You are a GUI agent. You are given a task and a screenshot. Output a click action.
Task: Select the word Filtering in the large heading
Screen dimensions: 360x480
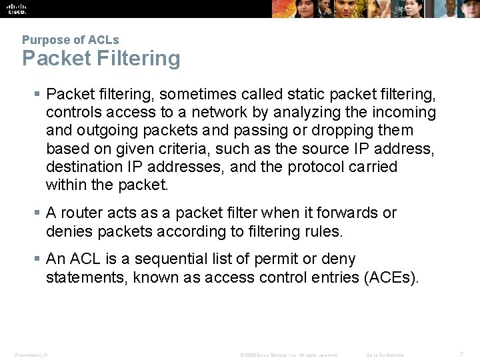138,59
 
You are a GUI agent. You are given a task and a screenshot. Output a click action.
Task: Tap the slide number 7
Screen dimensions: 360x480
461,354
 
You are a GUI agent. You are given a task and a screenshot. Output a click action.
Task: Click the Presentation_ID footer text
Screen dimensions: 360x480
31,355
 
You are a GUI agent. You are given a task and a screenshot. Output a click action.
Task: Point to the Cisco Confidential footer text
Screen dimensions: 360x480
385,355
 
